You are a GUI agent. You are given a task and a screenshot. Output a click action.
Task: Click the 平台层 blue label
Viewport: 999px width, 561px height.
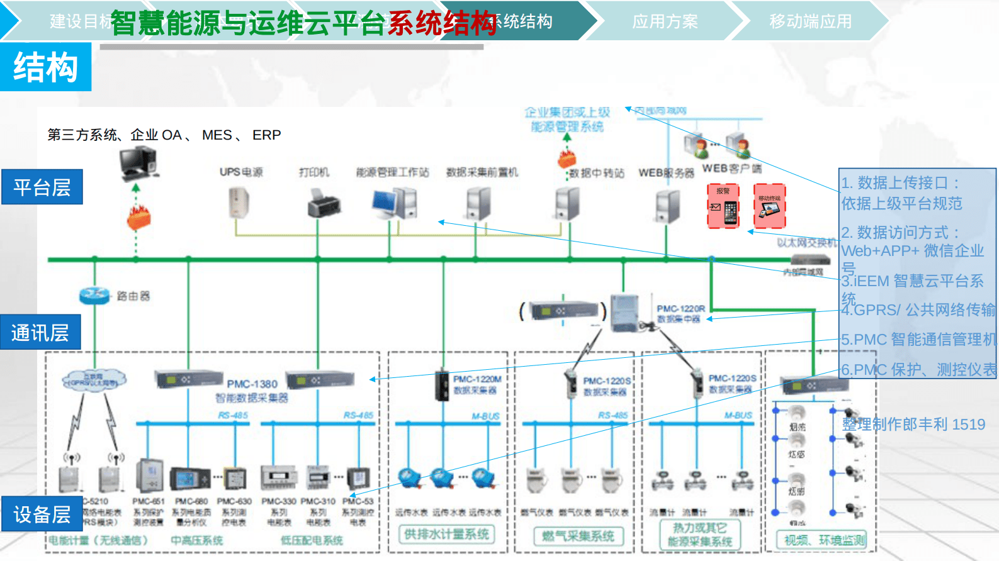[x=42, y=187]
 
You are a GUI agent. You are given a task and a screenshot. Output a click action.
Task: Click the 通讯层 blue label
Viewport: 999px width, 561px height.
[x=40, y=332]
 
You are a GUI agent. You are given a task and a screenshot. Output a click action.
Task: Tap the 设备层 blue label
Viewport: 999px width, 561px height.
[x=42, y=514]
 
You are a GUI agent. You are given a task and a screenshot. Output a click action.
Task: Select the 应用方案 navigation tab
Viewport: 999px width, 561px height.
[x=665, y=21]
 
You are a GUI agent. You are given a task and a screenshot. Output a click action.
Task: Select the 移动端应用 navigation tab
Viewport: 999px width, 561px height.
[x=810, y=21]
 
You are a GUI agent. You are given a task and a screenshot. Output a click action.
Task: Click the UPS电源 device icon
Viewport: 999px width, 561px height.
[x=239, y=203]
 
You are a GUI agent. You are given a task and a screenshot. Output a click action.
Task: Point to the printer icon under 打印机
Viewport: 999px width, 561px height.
[x=324, y=204]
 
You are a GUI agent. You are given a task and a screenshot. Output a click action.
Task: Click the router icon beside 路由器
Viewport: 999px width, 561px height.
[x=94, y=294]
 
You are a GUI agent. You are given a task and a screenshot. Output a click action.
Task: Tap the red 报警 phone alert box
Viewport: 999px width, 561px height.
[x=723, y=206]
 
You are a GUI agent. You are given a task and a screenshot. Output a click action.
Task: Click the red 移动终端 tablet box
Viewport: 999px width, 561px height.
[x=769, y=206]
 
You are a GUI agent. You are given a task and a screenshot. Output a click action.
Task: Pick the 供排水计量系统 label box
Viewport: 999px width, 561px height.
[x=446, y=535]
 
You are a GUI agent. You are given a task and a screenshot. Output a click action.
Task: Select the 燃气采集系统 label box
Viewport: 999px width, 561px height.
[x=578, y=536]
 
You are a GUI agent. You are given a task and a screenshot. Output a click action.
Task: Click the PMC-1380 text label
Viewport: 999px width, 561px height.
[x=252, y=384]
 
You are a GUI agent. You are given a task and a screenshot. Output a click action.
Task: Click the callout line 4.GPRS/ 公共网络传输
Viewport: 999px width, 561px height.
[x=918, y=309]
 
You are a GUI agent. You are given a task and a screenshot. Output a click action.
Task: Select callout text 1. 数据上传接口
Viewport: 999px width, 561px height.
[x=900, y=183]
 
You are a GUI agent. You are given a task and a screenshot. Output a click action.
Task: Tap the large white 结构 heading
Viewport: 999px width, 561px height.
[x=45, y=67]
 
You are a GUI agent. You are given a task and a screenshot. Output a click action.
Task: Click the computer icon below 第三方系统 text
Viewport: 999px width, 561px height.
[x=138, y=162]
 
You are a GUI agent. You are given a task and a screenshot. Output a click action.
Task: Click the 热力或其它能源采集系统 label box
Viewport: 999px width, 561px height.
[x=699, y=535]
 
